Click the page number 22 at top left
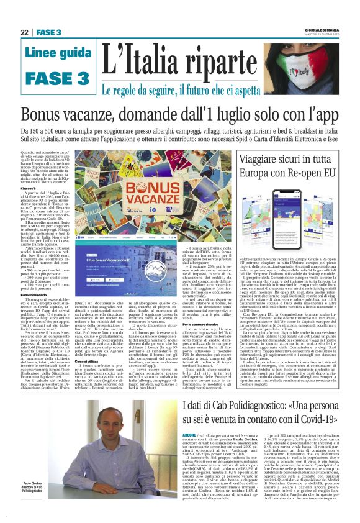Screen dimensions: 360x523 (x=24, y=32)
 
